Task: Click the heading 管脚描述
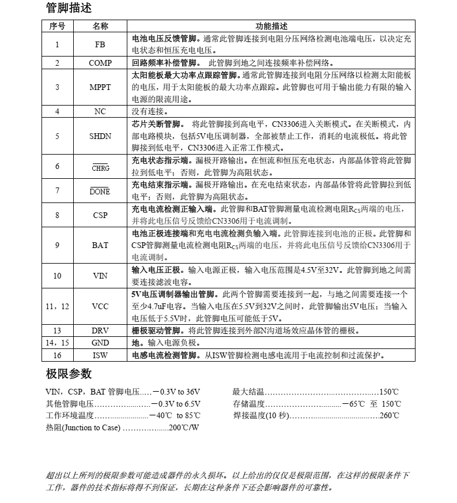click(69, 8)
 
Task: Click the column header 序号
click(57, 26)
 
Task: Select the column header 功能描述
click(271, 26)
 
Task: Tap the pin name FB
click(100, 44)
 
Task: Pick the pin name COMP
click(100, 63)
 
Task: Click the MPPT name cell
click(100, 87)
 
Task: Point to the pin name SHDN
click(100, 136)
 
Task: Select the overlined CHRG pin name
click(100, 168)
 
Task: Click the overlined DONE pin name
click(100, 192)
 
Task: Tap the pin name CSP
click(100, 215)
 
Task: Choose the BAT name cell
click(100, 245)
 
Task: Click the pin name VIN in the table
click(100, 276)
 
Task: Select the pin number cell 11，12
click(57, 306)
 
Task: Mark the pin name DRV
click(100, 331)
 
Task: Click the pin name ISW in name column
click(100, 355)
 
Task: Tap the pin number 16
click(57, 355)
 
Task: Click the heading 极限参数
click(69, 374)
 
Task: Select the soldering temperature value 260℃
click(389, 415)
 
